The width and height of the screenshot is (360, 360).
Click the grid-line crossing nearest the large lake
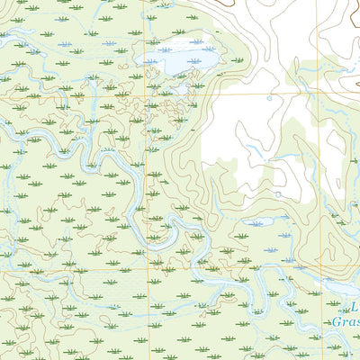point(148,93)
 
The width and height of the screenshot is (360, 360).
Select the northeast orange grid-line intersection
point(317,93)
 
